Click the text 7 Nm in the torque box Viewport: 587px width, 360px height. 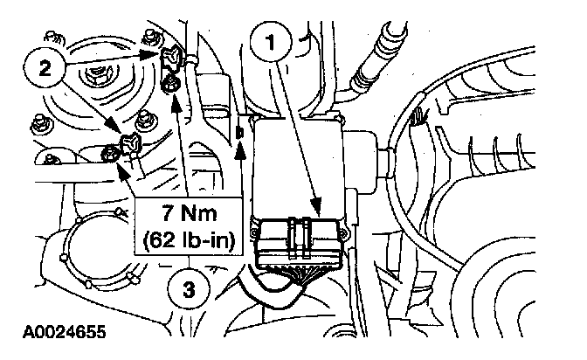[x=187, y=215]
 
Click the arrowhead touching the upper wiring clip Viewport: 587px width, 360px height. [x=162, y=54]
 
